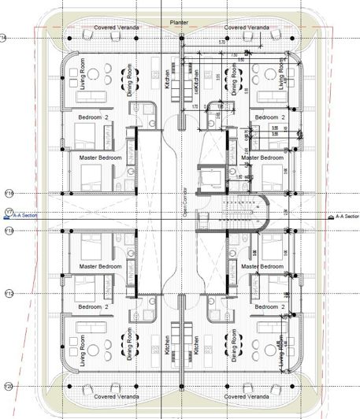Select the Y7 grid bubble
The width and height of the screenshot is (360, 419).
click(x=8, y=212)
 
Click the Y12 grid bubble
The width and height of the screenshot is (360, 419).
click(x=9, y=293)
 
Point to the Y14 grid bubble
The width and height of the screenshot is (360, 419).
click(x=4, y=37)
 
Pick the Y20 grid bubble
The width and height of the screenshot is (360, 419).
click(x=9, y=386)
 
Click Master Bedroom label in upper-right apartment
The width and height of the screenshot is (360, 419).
click(x=262, y=158)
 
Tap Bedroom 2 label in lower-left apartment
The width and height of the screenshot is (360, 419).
click(x=94, y=307)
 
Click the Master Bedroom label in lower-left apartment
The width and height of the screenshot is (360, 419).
click(x=100, y=266)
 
